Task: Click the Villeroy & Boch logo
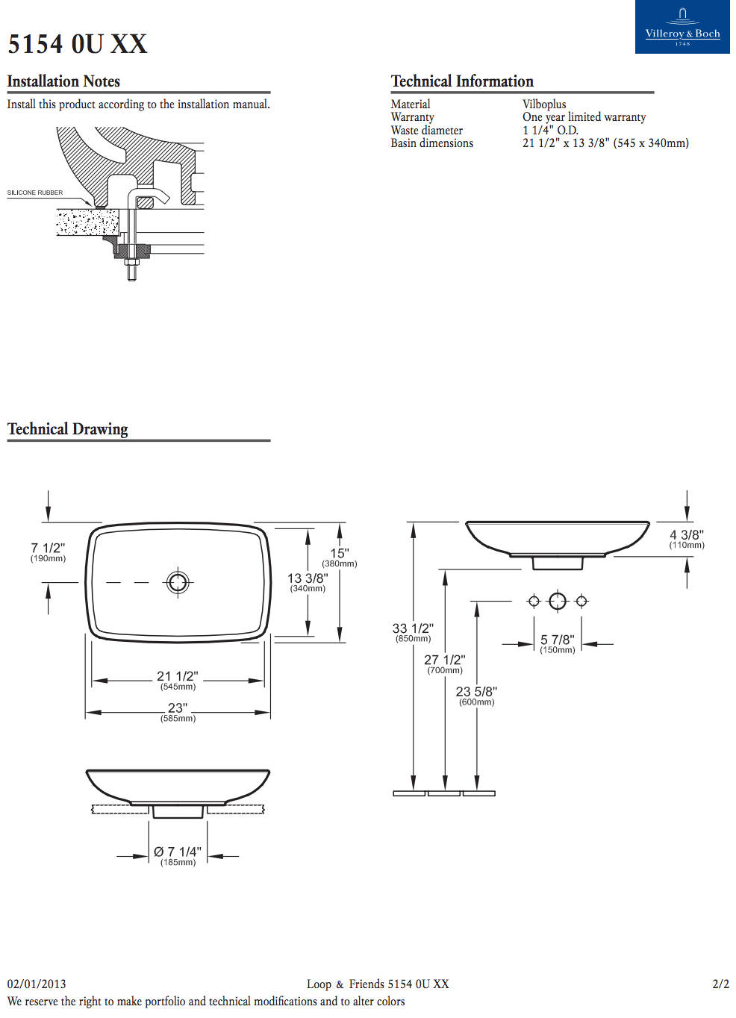(682, 27)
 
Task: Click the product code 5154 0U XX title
(78, 44)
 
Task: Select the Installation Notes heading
(63, 81)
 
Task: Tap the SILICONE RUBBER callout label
(35, 193)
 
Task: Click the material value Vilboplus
(544, 104)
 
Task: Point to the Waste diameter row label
(426, 131)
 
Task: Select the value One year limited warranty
(584, 117)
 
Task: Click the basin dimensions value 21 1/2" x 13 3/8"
(605, 143)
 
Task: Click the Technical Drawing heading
(68, 429)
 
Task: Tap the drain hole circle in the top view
(178, 581)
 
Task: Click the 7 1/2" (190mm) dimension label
(48, 552)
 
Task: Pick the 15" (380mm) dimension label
(340, 557)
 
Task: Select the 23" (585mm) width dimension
(178, 712)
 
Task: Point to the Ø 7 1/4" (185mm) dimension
(178, 855)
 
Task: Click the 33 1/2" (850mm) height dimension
(413, 632)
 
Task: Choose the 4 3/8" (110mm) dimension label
(687, 539)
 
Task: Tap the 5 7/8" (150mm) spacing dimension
(558, 643)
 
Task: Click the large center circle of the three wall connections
(558, 601)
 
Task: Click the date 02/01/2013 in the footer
(37, 984)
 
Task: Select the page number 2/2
(720, 984)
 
